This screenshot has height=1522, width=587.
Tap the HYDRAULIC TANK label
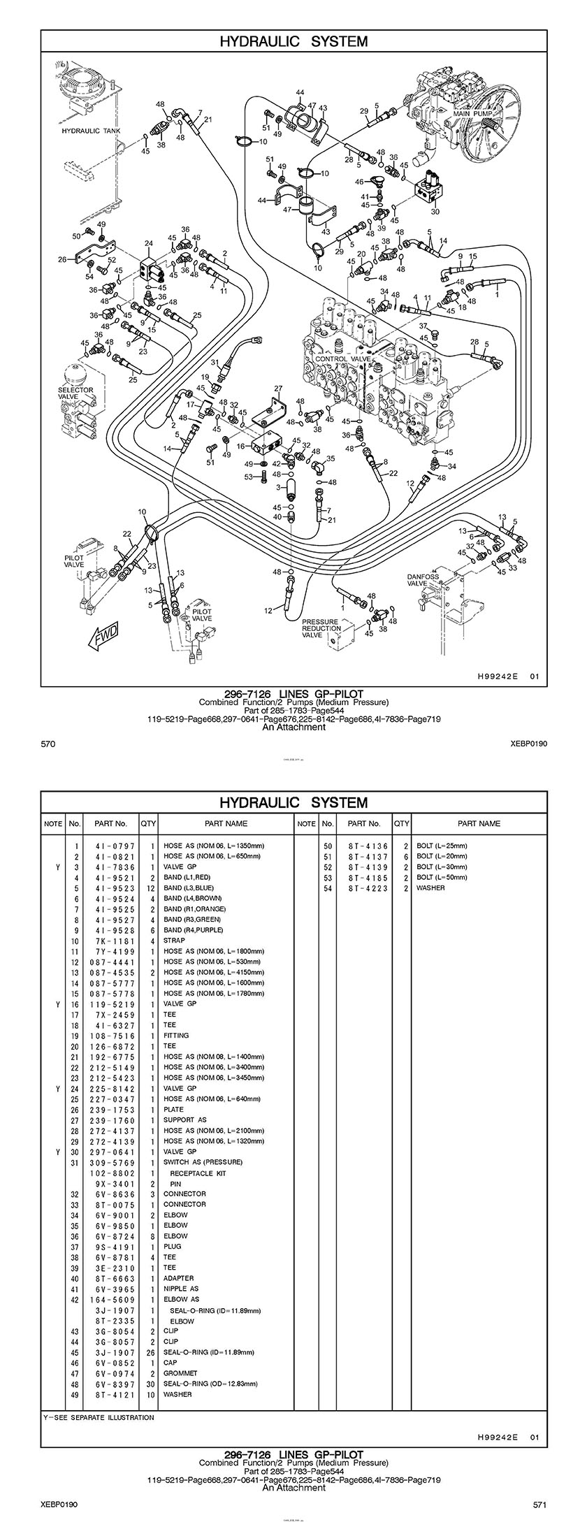[x=92, y=131]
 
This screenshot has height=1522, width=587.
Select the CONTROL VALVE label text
[x=343, y=358]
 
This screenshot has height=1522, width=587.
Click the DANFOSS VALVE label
[x=422, y=580]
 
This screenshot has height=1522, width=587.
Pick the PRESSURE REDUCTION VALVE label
[x=320, y=628]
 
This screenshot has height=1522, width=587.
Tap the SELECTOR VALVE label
[x=75, y=393]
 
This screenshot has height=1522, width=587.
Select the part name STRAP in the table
[x=174, y=941]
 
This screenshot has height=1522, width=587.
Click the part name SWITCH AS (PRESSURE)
[x=203, y=1162]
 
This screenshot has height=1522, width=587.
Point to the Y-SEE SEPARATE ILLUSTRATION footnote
[x=99, y=1412]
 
